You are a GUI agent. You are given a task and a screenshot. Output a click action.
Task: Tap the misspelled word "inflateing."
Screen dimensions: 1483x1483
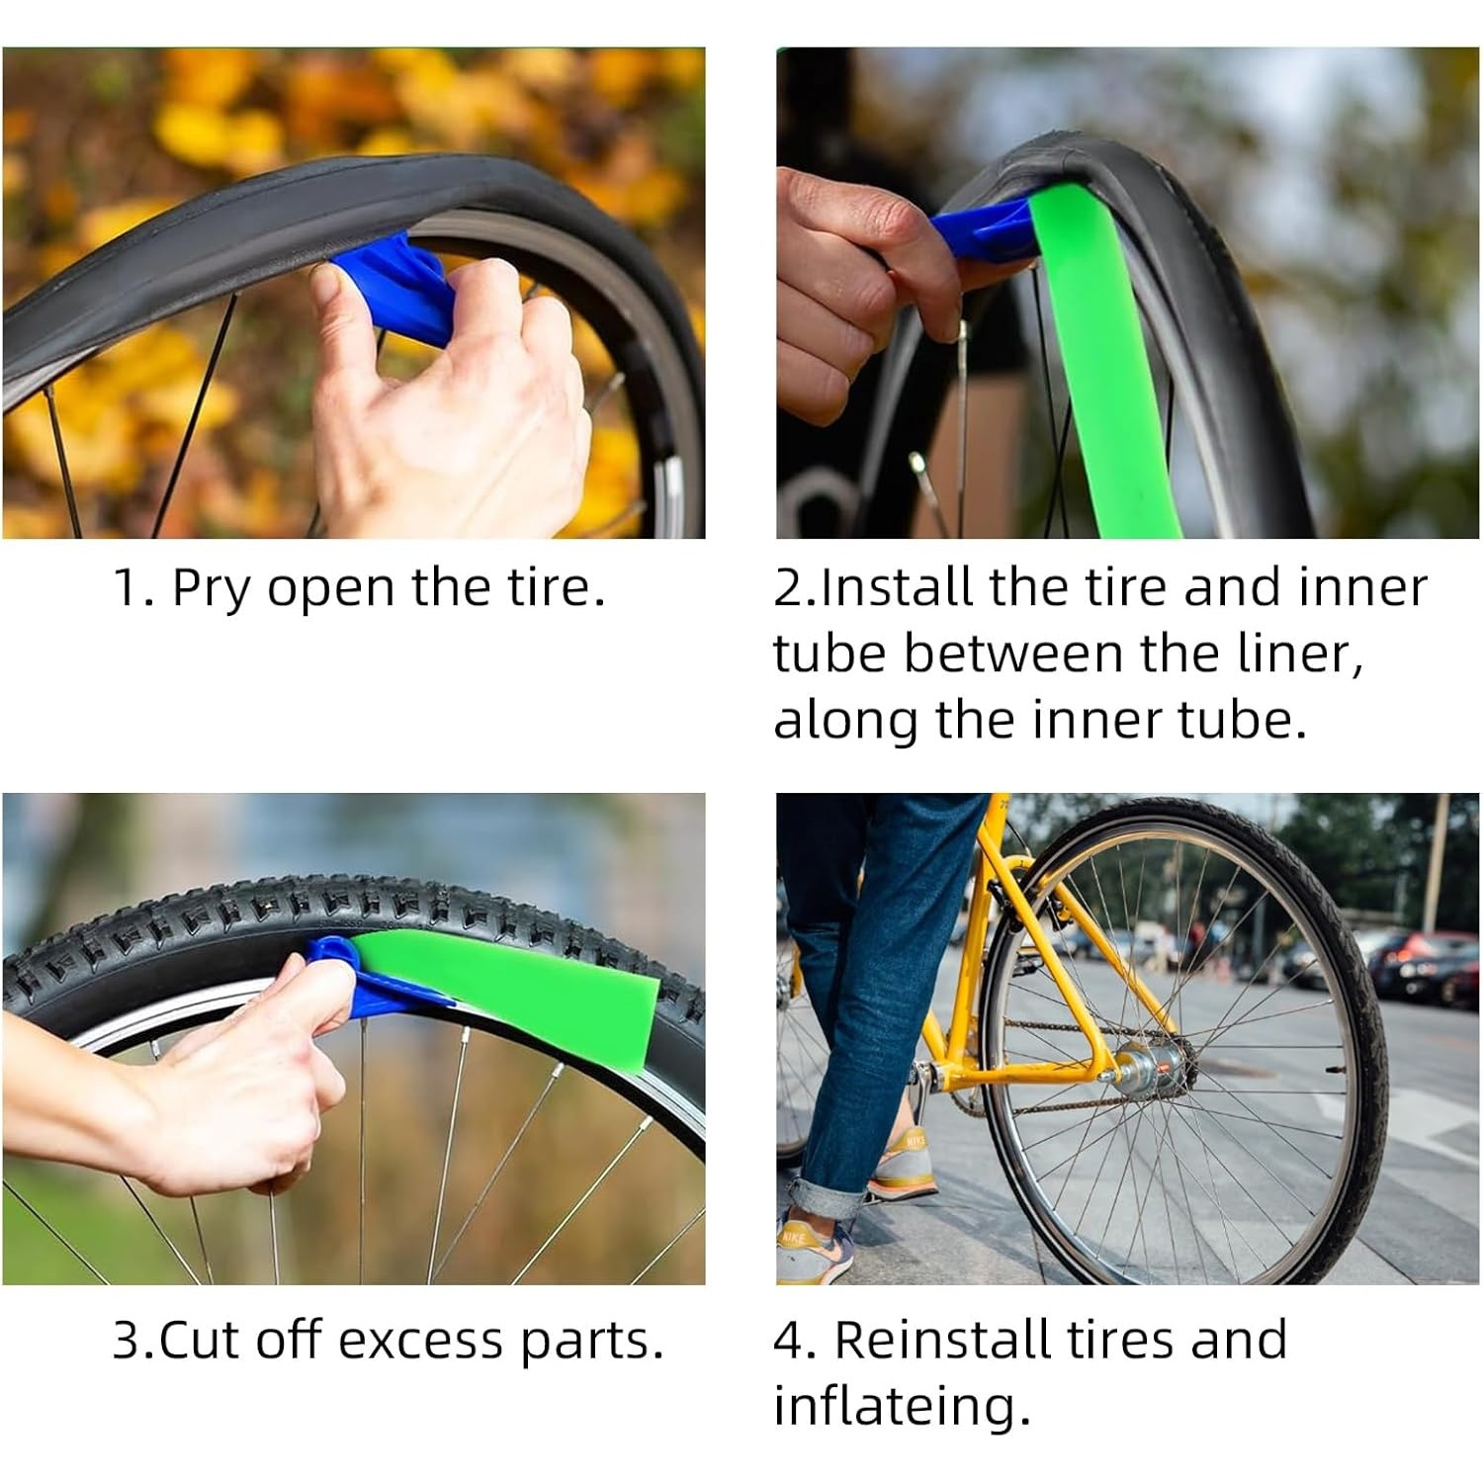coord(901,1407)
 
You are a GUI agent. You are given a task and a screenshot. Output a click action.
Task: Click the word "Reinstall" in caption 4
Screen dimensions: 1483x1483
coord(944,1342)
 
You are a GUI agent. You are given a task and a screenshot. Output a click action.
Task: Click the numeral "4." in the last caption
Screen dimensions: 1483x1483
coord(794,1342)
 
